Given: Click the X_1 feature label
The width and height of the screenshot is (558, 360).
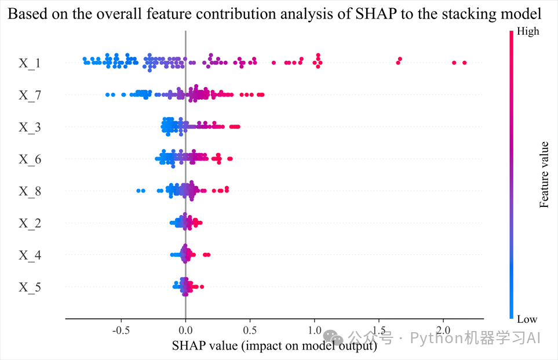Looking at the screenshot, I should [30, 63].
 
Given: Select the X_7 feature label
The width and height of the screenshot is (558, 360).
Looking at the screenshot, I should [30, 94].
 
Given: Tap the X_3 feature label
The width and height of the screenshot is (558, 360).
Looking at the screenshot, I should [30, 127].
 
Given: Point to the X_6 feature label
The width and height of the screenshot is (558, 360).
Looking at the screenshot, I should [30, 159].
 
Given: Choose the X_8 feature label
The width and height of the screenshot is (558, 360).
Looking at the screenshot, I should [30, 191].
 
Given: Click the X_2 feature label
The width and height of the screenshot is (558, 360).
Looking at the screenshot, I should [30, 223].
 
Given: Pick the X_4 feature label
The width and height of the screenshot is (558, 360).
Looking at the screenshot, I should [30, 255].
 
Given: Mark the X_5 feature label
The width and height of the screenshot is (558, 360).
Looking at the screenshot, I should [30, 287].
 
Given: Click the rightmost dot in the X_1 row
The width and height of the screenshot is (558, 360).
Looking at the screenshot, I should [464, 63].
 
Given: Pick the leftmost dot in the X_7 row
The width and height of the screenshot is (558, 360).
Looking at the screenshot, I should [107, 94].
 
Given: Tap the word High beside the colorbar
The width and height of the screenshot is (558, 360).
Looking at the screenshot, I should [528, 31].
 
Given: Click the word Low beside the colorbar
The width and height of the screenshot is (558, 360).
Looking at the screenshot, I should [527, 319].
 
